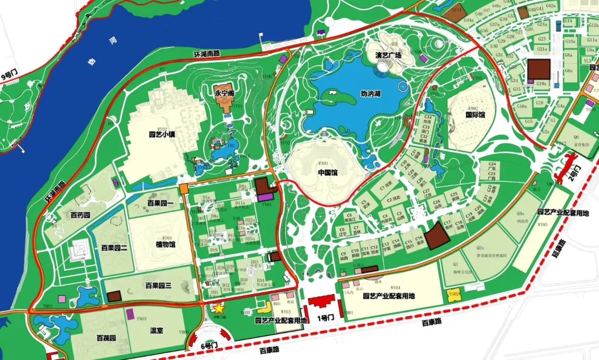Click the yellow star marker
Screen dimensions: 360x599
pyautogui.click(x=219, y=307)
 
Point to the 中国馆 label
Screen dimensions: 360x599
pyautogui.click(x=328, y=173)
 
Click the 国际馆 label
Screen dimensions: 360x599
pyautogui.click(x=475, y=115)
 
